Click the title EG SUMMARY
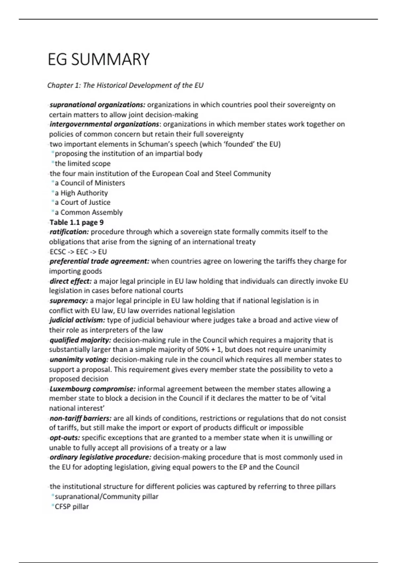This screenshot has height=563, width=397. [99, 60]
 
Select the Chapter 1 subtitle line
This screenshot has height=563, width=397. [125, 85]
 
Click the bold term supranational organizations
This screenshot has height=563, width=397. [97, 105]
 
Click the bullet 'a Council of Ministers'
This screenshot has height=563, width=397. [90, 183]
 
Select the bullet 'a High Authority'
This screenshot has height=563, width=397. [81, 193]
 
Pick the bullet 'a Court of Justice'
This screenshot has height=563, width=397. [82, 202]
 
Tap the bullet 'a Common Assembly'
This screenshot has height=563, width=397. [89, 212]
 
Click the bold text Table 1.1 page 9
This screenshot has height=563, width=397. [76, 222]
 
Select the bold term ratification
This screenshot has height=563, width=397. [69, 232]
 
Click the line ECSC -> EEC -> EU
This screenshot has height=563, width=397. [78, 252]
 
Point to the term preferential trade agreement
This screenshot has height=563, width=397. [99, 261]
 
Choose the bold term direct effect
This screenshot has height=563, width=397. [70, 281]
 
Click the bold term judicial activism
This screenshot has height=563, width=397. [77, 320]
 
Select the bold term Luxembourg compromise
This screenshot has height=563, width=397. [92, 389]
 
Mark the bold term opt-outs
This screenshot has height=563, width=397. [65, 438]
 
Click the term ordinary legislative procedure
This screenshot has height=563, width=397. [100, 457]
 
